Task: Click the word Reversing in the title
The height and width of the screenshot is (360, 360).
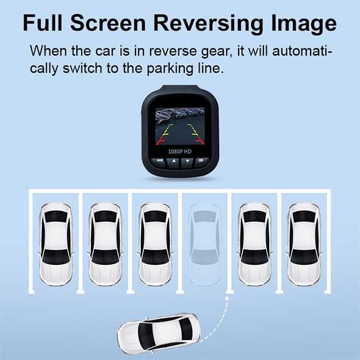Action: [x=209, y=24]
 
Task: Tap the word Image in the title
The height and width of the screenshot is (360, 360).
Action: [x=304, y=24]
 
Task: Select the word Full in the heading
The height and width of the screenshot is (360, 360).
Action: [x=43, y=23]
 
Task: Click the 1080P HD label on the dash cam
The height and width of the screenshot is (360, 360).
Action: [x=180, y=151]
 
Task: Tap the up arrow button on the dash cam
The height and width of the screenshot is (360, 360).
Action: [x=174, y=162]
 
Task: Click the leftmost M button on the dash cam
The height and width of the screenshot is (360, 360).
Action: [x=159, y=161]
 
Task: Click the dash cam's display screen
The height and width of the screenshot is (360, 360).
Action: [x=180, y=127]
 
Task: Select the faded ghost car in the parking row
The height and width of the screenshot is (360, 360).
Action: [x=205, y=244]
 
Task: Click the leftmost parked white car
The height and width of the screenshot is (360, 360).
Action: [x=56, y=244]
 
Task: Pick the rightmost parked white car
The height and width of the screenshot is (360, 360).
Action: [x=304, y=244]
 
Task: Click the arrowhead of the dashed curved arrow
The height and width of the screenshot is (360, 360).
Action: [x=227, y=298]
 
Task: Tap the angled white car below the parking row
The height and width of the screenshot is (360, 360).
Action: [x=159, y=334]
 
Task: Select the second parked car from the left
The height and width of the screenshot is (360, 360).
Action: [x=106, y=244]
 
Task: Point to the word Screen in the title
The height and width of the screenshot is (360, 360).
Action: [x=108, y=23]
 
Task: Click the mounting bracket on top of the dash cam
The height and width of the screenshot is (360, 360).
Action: [x=180, y=88]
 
